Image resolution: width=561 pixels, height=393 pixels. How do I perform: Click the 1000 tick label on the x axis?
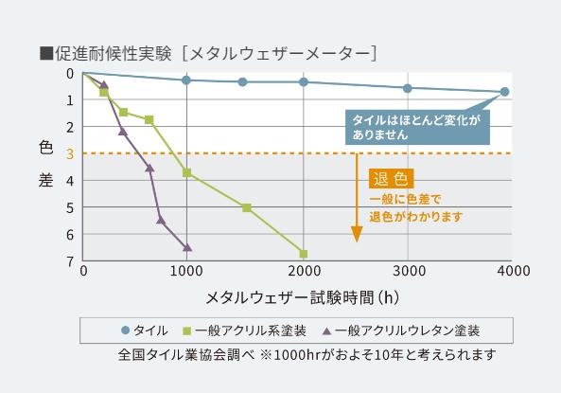coord(186,271)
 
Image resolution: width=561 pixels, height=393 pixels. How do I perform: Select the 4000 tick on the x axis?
coord(511,271)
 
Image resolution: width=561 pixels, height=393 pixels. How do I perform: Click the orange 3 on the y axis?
coord(70,153)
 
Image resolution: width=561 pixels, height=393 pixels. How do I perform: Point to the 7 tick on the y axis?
coord(70,260)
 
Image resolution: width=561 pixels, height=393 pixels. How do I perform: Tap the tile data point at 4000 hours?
coord(504,92)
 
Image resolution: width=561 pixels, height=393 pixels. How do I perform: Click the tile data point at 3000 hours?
coord(408,88)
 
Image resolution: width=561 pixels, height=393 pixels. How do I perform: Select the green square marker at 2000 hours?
coord(304,254)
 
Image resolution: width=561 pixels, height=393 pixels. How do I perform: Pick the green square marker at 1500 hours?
coord(247,207)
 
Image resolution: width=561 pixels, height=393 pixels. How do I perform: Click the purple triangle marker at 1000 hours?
coord(187,247)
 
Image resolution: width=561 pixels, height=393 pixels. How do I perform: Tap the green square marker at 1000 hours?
coord(187,172)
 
